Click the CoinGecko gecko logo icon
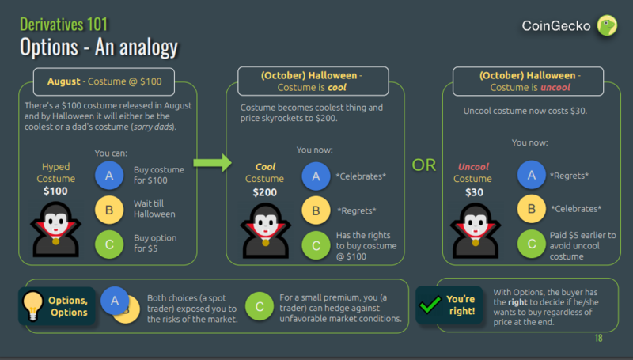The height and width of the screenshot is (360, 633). pos(607,26)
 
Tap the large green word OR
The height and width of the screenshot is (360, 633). pos(424,165)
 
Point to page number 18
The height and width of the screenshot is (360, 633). pos(598,339)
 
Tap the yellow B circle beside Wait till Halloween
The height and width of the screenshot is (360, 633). pos(108,210)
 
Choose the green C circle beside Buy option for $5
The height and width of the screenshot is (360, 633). pos(108,244)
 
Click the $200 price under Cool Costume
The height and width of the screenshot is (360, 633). pos(264,192)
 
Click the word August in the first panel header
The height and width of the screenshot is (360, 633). pos(65,82)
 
